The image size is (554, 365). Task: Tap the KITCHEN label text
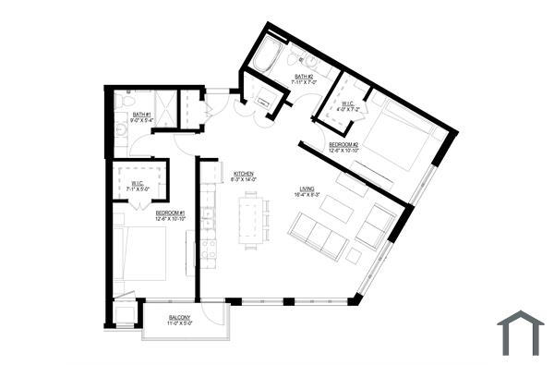pyautogui.click(x=244, y=173)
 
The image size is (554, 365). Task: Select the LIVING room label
pyautogui.click(x=307, y=189)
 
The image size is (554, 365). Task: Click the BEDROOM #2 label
pyautogui.click(x=343, y=144)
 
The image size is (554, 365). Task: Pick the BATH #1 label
pyautogui.click(x=141, y=114)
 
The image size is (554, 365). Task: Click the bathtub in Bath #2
pyautogui.click(x=271, y=56)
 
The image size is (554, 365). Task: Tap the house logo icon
pyautogui.click(x=520, y=333)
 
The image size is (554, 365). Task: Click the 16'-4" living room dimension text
pyautogui.click(x=307, y=195)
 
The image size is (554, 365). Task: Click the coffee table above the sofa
pyautogui.click(x=337, y=210)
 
